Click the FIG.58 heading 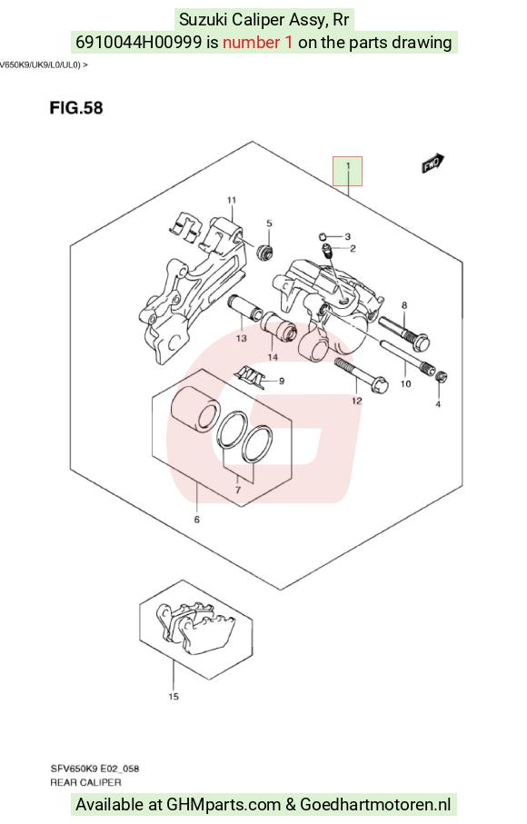tap(76, 108)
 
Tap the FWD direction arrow tap(433, 164)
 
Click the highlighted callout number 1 tap(347, 166)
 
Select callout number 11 tap(232, 200)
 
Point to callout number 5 tap(269, 223)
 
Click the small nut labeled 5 tap(264, 252)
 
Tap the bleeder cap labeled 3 tap(323, 235)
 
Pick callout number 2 tap(353, 249)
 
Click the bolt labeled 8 tap(403, 331)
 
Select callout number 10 tap(405, 384)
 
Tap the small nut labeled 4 tap(442, 377)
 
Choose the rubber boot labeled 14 tap(279, 326)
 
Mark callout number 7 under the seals tap(238, 491)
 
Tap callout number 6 tap(197, 520)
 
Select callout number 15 tap(174, 697)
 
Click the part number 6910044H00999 tap(139, 42)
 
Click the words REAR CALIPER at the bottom tap(85, 782)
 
